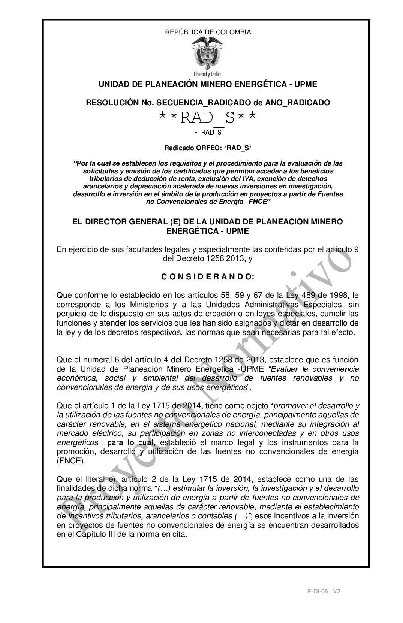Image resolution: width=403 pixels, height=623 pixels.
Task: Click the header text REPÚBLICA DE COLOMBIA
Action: [x=208, y=32]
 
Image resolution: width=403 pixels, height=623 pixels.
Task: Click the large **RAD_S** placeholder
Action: [x=208, y=118]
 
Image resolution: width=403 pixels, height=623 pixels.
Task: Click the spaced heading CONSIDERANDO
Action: [x=208, y=277]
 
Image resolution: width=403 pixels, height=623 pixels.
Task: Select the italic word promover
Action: [x=289, y=406]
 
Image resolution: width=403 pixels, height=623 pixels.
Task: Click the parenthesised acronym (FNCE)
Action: [x=71, y=461]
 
